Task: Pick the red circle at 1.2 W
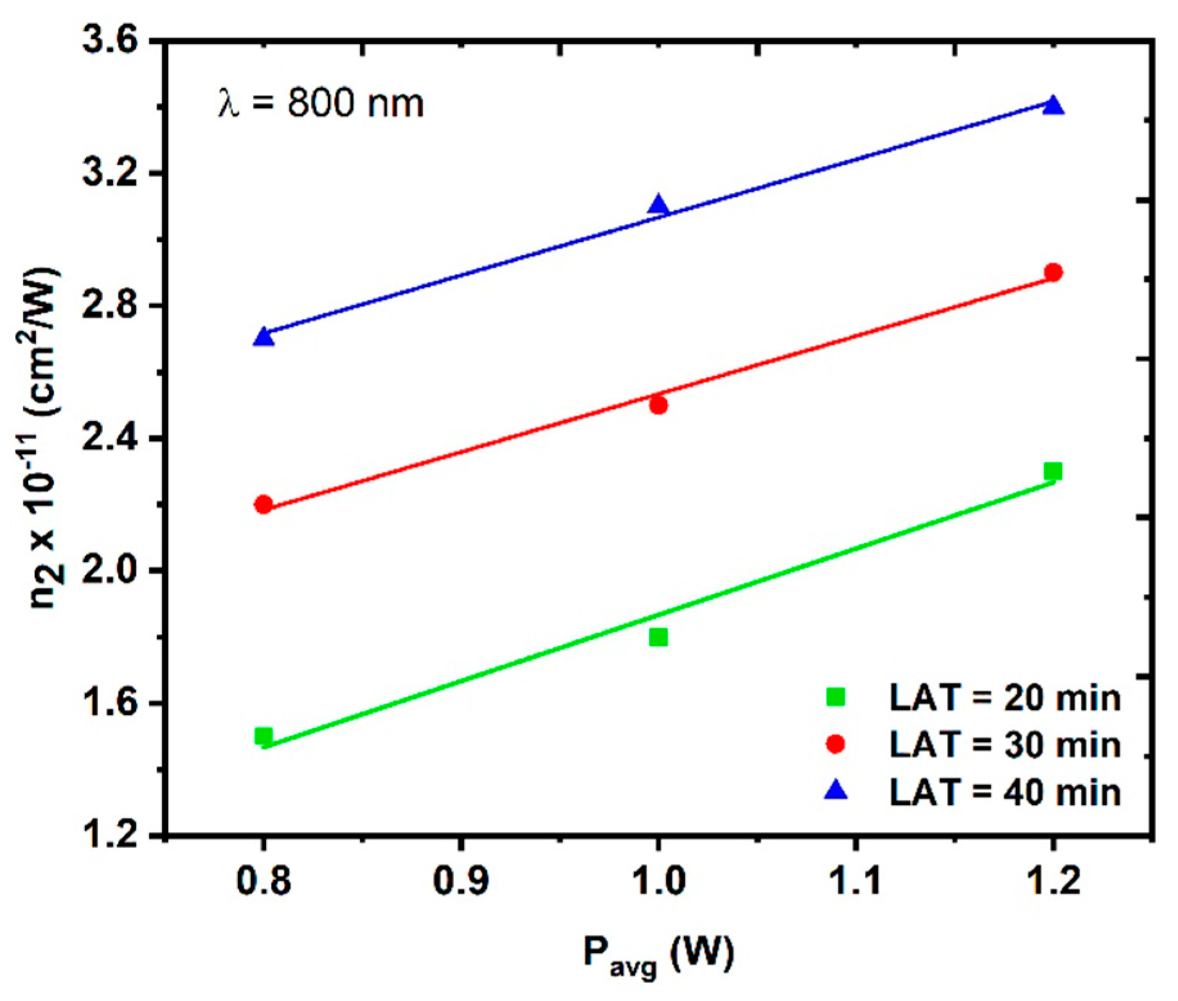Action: coord(1053,273)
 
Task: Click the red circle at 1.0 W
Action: coord(658,405)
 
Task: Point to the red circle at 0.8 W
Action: coord(264,505)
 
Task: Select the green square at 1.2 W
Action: coord(1053,472)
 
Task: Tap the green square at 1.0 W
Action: coord(658,638)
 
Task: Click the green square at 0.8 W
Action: coord(264,737)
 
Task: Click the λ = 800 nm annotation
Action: coord(321,104)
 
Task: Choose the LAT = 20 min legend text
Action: coord(1004,698)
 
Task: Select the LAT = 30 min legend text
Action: coord(1004,744)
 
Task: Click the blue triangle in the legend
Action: coord(835,791)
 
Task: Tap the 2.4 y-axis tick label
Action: coord(110,439)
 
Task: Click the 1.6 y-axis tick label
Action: coord(110,703)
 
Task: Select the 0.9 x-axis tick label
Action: coord(461,881)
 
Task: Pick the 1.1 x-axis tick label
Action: coord(854,881)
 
